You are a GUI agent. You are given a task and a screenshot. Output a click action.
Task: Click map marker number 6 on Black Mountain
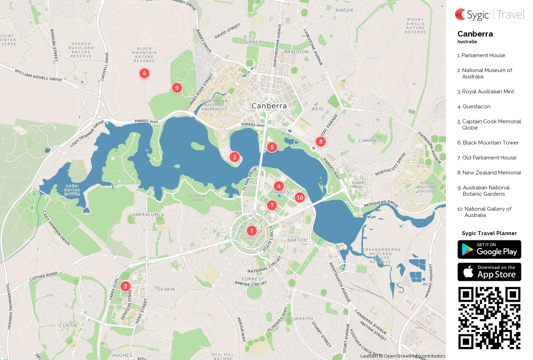pos(144,73)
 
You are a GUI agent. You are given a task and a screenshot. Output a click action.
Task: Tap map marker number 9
pos(177,88)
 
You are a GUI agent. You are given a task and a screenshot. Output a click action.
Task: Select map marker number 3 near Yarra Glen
pos(125,286)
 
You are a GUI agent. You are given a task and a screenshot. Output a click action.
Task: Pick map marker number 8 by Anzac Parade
pos(320,142)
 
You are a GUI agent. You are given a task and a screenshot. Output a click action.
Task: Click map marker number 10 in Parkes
pos(300,197)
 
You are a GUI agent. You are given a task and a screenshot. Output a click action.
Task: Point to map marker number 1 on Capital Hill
pos(252,230)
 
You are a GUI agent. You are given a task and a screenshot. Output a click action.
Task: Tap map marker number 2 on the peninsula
pos(235,157)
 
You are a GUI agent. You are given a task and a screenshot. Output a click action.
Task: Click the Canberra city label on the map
pos(269,106)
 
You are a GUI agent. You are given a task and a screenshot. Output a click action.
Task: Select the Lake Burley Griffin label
pos(72,190)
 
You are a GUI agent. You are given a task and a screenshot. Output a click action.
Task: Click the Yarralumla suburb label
pos(148,214)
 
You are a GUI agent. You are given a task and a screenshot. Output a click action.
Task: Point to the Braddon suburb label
pos(296,52)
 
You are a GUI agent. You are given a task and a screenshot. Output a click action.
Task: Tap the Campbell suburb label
pos(371,141)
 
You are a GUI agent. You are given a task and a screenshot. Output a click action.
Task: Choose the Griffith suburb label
pos(302,319)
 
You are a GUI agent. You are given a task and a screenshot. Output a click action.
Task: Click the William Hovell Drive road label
pos(38,75)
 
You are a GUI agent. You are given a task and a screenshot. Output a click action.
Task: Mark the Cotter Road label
pos(44,276)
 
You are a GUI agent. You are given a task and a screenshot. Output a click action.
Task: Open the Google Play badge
pos(489,249)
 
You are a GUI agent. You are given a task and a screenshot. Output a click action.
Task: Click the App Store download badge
pos(489,272)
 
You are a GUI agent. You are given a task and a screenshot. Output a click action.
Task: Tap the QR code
pos(489,318)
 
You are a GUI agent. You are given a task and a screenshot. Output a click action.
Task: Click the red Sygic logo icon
pos(461,14)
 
